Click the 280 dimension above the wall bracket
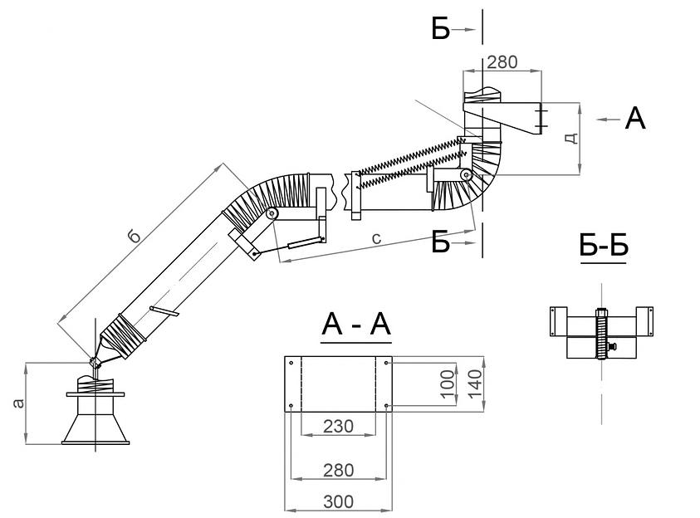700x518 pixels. click(x=503, y=61)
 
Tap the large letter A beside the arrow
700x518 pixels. click(x=635, y=119)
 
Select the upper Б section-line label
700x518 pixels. click(x=440, y=30)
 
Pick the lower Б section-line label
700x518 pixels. click(x=441, y=242)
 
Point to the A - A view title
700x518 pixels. click(x=356, y=326)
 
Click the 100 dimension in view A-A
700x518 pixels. click(x=446, y=385)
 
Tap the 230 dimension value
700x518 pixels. click(x=338, y=427)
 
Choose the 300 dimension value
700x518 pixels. click(x=338, y=501)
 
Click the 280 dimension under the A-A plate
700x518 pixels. click(x=338, y=471)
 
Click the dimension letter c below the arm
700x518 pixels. click(x=376, y=239)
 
